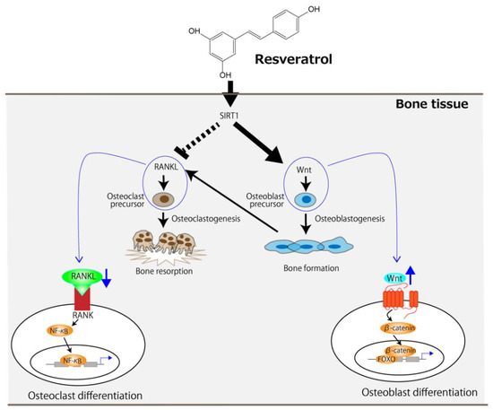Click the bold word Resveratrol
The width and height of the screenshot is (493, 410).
point(293,59)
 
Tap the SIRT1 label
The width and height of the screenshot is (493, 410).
point(229,116)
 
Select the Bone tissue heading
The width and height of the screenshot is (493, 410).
point(432,104)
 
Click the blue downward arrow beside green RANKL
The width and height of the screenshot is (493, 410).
point(107,278)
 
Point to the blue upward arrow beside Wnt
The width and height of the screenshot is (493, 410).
point(410,275)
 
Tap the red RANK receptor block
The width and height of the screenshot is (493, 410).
point(82,299)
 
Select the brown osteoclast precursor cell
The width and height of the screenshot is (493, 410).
point(163,199)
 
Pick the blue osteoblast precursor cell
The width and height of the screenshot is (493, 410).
point(306,200)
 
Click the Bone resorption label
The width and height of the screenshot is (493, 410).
point(164,271)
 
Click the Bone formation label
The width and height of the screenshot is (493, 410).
point(311,268)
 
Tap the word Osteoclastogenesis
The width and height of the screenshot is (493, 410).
point(206,219)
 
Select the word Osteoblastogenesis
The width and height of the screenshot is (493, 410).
point(350,219)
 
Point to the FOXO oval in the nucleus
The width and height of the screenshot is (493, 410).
point(386,359)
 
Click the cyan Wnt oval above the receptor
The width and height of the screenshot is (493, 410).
point(394,278)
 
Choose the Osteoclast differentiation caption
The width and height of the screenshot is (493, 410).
point(85,396)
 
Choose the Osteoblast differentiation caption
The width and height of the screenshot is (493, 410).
point(419,392)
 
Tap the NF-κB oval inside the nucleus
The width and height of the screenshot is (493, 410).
point(73,361)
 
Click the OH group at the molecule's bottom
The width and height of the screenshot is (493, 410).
point(225,75)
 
